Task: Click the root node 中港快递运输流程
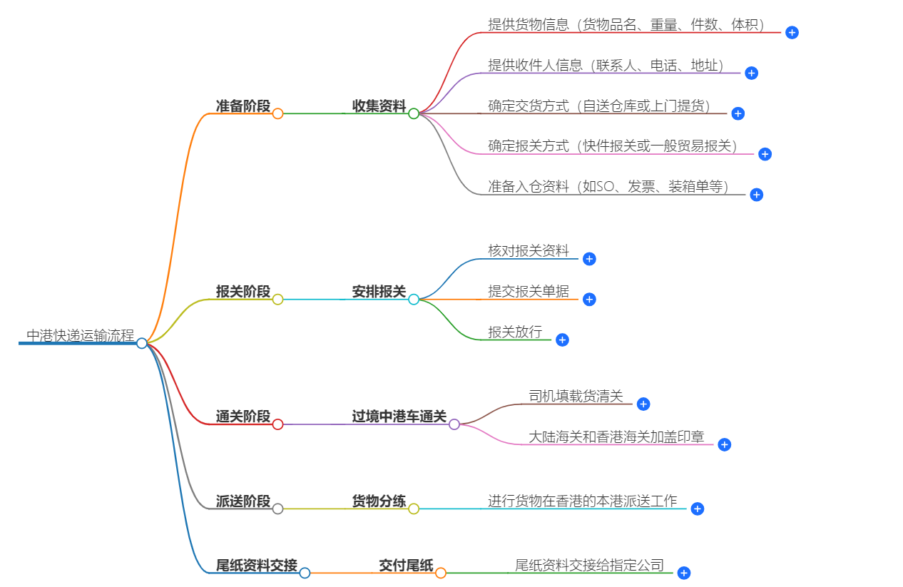click(80, 335)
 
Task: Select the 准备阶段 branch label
click(243, 106)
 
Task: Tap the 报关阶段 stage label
click(243, 292)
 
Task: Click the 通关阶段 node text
click(243, 417)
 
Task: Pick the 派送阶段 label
click(243, 501)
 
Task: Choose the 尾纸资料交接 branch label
click(257, 566)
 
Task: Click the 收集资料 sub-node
click(379, 106)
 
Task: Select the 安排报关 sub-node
click(379, 292)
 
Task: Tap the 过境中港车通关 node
click(399, 417)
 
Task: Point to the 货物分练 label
click(379, 501)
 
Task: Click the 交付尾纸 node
click(406, 566)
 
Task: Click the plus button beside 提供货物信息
click(792, 32)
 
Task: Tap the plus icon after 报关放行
click(562, 340)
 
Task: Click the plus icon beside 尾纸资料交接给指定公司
click(683, 573)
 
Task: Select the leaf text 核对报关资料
click(529, 250)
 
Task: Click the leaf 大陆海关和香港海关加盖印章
click(616, 437)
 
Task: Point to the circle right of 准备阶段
click(278, 113)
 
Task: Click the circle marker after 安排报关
click(414, 300)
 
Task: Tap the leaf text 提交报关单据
click(529, 291)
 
